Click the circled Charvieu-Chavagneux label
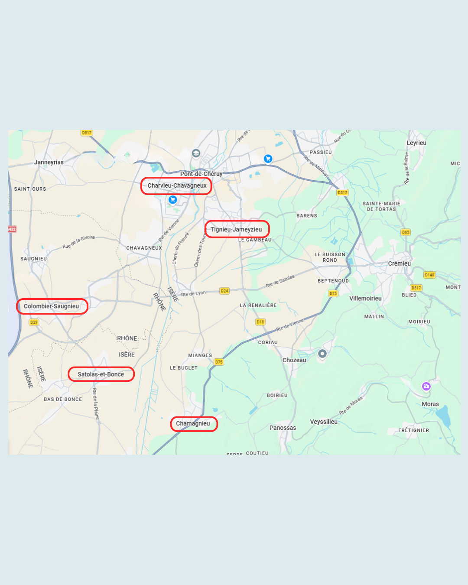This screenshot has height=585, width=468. [x=177, y=186]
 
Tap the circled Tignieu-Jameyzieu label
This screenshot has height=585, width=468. [x=237, y=230]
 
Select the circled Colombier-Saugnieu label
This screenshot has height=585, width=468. [x=52, y=306]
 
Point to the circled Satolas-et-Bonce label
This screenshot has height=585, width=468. [x=101, y=374]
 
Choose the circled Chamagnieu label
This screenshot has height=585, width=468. [x=193, y=424]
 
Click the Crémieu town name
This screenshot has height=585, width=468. [x=399, y=263]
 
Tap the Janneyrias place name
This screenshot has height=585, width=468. [x=49, y=162]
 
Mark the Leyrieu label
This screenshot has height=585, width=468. [x=416, y=143]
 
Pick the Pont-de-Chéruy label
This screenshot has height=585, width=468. [x=201, y=174]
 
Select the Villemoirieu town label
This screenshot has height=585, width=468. [x=365, y=299]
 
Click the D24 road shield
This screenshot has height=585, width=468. [x=224, y=291]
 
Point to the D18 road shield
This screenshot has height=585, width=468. [x=260, y=322]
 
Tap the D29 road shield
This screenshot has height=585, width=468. [x=34, y=322]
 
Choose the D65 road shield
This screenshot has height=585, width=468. [x=406, y=232]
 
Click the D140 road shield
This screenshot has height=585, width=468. [x=429, y=275]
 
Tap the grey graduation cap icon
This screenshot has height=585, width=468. [x=196, y=153]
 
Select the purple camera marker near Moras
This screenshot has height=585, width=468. [x=426, y=386]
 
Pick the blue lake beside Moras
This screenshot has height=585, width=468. [x=443, y=416]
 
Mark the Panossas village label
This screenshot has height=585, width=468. [x=283, y=428]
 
